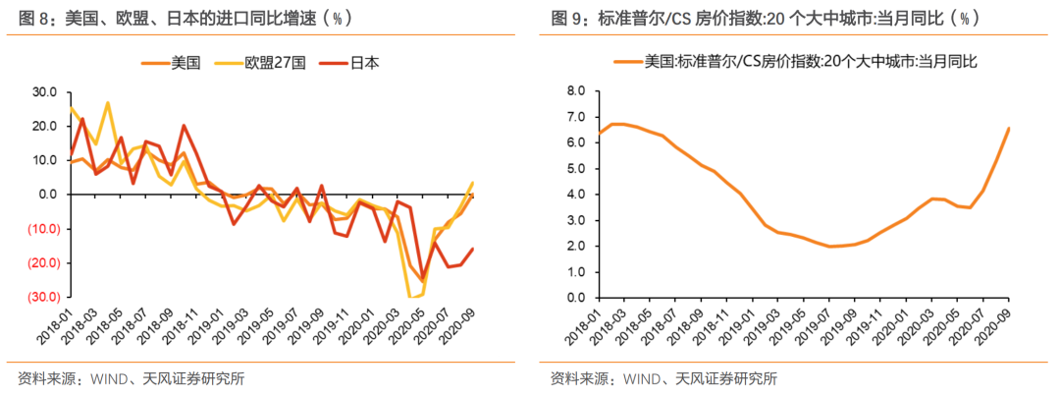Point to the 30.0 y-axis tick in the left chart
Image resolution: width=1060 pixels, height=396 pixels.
click(x=44, y=91)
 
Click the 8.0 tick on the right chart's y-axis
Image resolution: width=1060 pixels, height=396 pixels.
click(x=576, y=91)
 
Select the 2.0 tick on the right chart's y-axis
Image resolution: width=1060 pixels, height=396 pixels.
click(x=576, y=246)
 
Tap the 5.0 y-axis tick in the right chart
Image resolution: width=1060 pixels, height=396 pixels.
click(x=576, y=169)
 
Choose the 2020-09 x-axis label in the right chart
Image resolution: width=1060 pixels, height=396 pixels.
click(x=992, y=327)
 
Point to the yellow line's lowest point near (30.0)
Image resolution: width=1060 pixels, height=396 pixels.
click(x=413, y=296)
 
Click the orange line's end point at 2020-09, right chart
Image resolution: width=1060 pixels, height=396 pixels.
click(x=1009, y=128)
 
